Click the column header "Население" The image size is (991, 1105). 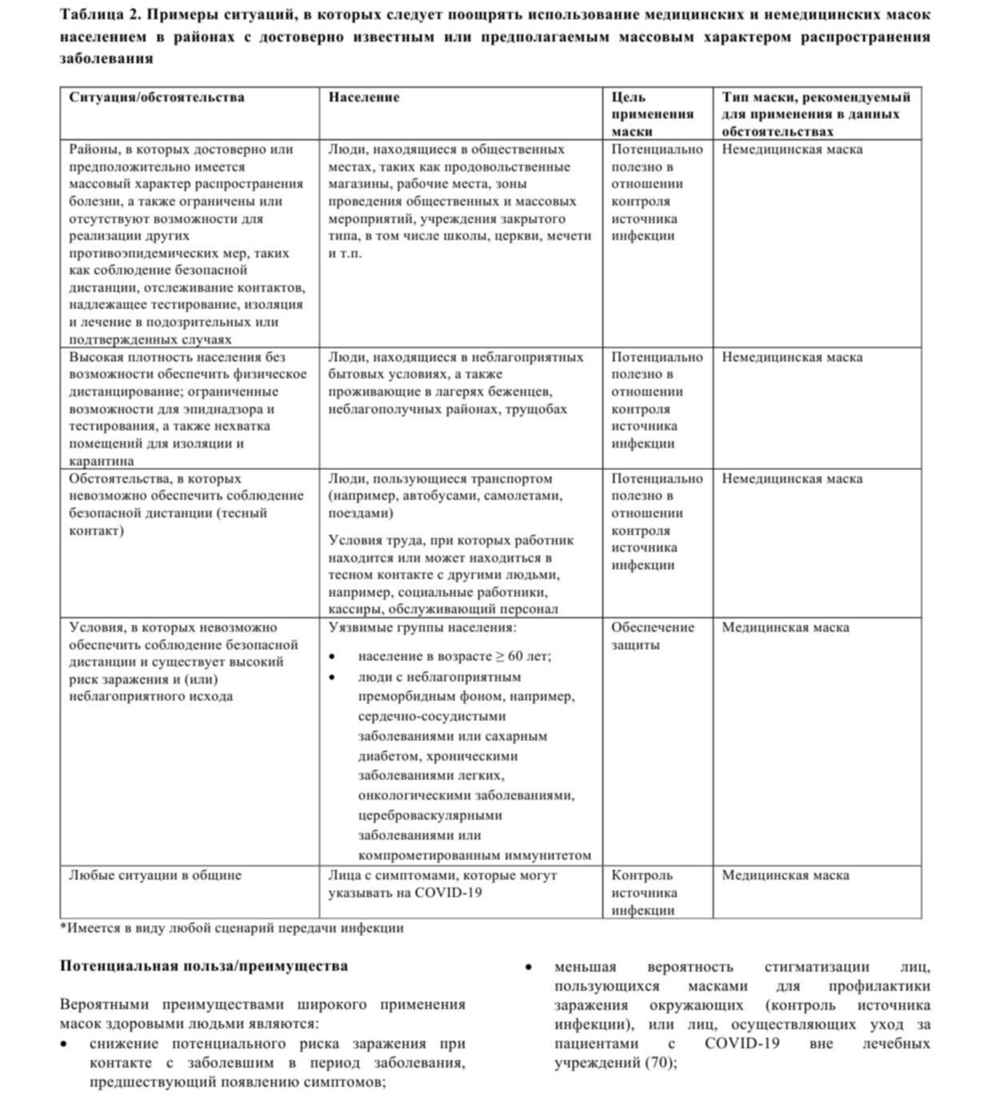(x=364, y=98)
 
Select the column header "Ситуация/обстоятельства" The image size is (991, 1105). (x=157, y=98)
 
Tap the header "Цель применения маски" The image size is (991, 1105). (x=652, y=114)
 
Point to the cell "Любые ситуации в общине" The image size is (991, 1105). (x=155, y=875)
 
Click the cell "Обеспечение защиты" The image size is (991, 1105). (x=652, y=636)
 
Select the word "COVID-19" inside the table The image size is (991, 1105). (x=448, y=892)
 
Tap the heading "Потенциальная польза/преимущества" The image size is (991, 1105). (x=204, y=966)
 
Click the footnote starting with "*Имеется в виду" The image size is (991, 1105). (x=232, y=928)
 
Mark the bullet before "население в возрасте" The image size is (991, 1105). (x=332, y=656)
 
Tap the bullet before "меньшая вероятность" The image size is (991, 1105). (x=529, y=967)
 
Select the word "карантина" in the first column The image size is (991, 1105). (x=101, y=461)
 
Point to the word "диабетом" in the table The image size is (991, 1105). (x=388, y=756)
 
